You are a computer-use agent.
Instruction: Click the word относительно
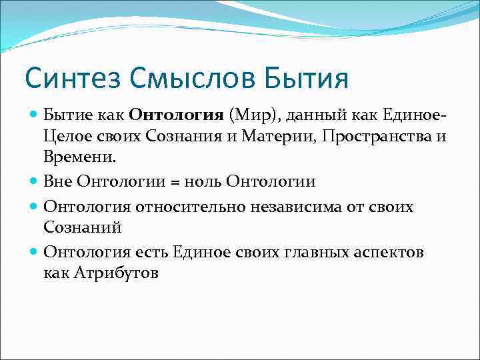coord(191,206)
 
